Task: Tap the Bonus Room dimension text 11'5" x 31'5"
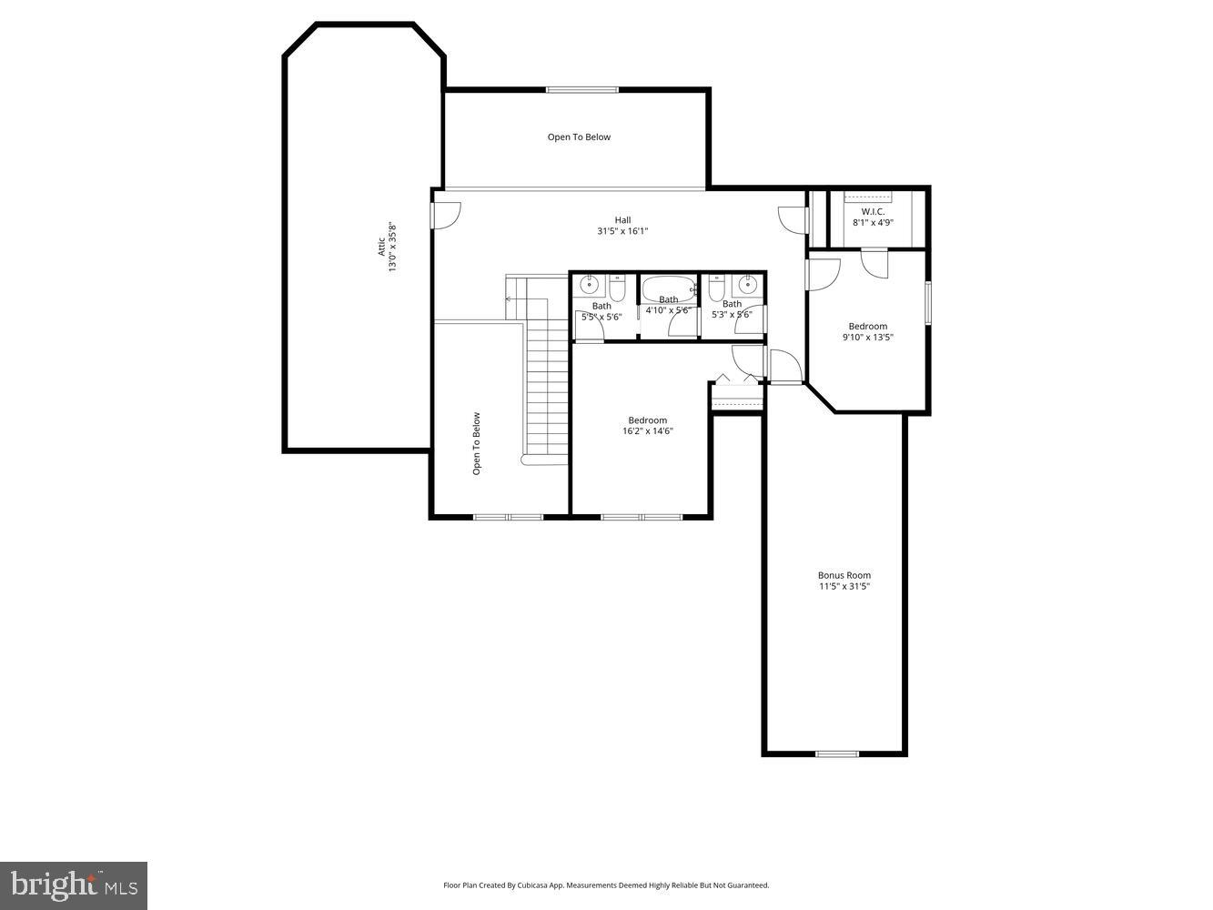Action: [844, 587]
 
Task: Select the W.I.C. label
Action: [873, 211]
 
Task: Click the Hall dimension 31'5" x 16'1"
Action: [622, 231]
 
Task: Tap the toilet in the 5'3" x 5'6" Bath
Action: [715, 289]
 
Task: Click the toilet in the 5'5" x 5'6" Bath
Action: [617, 289]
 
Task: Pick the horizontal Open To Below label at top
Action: [579, 137]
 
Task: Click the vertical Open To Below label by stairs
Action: [476, 444]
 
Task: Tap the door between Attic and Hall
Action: [445, 215]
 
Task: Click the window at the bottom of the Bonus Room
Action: [836, 753]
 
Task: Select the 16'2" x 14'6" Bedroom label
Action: [647, 420]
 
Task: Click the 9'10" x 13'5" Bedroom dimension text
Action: [867, 338]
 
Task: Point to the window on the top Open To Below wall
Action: [582, 89]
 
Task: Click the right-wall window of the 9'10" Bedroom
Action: [928, 302]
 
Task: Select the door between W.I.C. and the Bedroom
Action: [874, 261]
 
